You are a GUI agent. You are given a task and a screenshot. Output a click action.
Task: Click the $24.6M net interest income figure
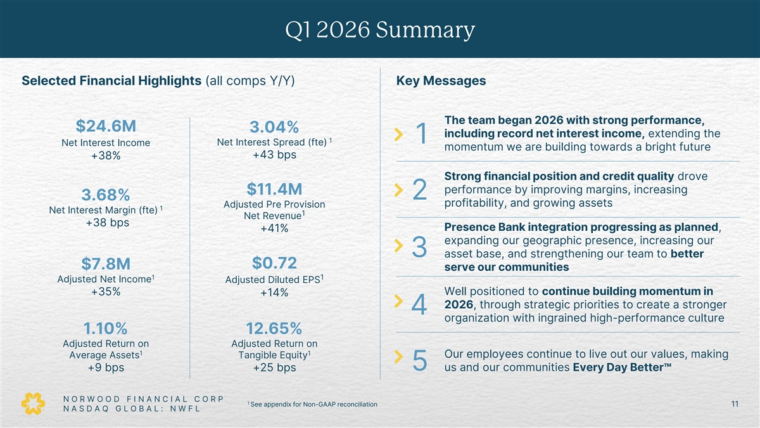coord(106,126)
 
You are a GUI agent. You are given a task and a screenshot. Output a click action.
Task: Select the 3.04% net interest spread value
coord(274,127)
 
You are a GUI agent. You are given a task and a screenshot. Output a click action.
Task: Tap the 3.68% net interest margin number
coord(106,195)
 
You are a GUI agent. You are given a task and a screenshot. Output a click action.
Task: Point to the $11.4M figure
coord(274,189)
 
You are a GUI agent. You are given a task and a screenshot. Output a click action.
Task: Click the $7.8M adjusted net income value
coord(106,264)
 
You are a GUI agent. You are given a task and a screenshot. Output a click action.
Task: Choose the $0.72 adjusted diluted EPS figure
coord(274,263)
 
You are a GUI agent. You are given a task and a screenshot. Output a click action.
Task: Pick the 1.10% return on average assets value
coord(106,328)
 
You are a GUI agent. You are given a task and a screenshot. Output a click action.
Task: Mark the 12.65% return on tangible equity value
coord(274,328)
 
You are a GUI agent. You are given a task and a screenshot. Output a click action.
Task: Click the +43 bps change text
coord(274,155)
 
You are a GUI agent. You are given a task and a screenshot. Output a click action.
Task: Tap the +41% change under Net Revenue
coord(274,228)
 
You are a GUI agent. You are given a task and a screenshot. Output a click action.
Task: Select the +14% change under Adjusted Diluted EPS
coord(274,292)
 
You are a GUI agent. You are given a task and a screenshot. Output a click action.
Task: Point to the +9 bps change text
coord(106,368)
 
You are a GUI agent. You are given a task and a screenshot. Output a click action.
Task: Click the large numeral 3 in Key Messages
coord(419,247)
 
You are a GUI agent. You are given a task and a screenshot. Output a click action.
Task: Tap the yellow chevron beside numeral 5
coord(398,356)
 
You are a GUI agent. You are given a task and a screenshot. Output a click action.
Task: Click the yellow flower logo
coord(33,403)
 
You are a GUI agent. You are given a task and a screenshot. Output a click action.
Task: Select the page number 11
coord(735,404)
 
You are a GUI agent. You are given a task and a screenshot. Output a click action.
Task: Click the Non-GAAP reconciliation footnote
coord(312,405)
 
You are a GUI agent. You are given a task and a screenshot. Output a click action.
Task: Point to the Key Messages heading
coord(441,81)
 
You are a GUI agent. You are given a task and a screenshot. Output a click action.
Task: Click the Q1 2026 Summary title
coord(380,30)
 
